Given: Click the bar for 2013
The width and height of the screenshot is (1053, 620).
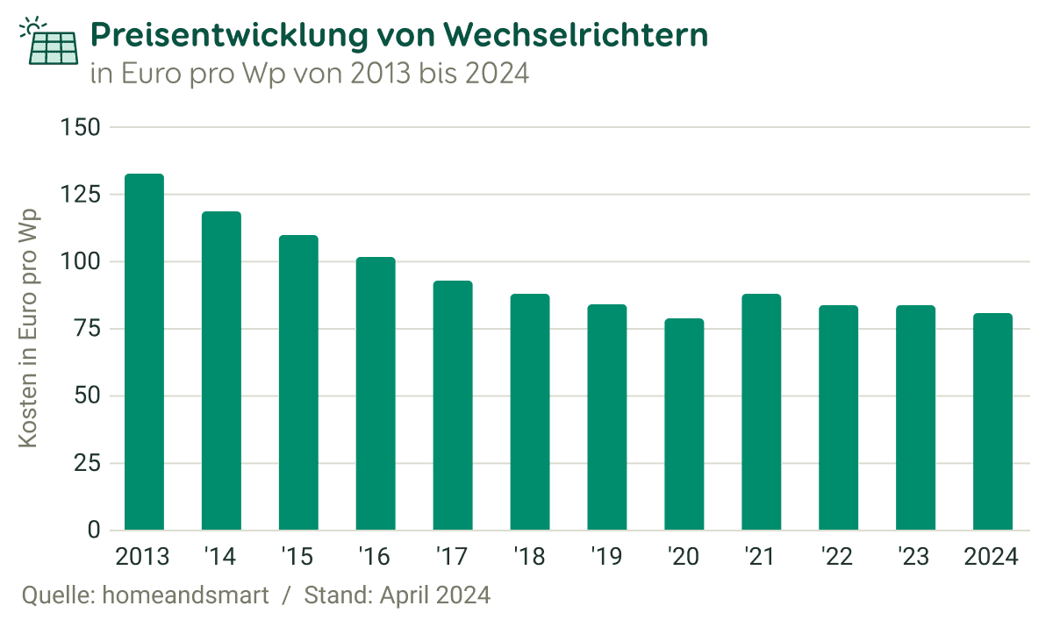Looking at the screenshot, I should tap(144, 352).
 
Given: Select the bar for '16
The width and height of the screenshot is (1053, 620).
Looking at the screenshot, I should tap(376, 394).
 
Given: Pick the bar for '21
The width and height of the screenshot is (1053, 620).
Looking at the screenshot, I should tap(762, 412).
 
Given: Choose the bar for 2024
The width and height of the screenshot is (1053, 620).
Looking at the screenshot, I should tap(992, 422).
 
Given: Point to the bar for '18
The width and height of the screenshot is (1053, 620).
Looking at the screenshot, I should tap(530, 412).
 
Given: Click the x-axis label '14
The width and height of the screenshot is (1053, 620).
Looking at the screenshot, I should tap(220, 557).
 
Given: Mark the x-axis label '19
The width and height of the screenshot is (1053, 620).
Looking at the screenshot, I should tap(606, 557).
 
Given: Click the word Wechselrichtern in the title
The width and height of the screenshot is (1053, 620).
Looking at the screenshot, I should tap(576, 36).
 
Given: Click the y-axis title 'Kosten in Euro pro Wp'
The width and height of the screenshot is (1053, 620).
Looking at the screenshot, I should tap(30, 328).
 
